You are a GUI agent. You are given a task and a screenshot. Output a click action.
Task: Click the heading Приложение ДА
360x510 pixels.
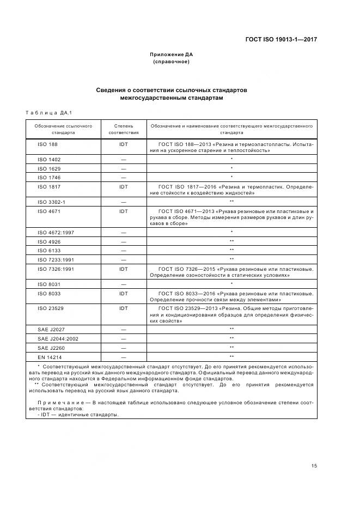(172, 54)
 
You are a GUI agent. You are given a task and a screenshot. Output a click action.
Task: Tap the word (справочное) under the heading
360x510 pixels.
(172, 62)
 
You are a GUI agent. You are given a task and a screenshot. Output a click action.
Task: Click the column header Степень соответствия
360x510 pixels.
(124, 129)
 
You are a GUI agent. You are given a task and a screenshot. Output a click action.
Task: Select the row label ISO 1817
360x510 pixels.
(49, 186)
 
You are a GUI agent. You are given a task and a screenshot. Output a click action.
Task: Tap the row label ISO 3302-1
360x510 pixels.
(51, 202)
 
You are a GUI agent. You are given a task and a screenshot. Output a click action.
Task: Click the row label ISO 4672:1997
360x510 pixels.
(56, 232)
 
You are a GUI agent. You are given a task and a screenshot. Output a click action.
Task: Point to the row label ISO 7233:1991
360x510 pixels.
(56, 259)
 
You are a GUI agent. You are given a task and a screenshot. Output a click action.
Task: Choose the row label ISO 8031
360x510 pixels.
(49, 284)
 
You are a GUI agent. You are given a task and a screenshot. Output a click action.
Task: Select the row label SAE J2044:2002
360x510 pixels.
(58, 338)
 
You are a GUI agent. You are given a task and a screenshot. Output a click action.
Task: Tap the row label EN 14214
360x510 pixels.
(50, 356)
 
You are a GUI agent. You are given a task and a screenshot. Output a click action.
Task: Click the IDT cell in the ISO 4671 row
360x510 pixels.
(124, 210)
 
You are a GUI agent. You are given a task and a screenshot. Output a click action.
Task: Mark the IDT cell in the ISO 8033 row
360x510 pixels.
(124, 293)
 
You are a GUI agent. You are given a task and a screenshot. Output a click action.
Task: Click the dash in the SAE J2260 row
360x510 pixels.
(124, 348)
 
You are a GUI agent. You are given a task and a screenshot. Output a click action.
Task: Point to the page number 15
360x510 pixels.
(314, 465)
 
